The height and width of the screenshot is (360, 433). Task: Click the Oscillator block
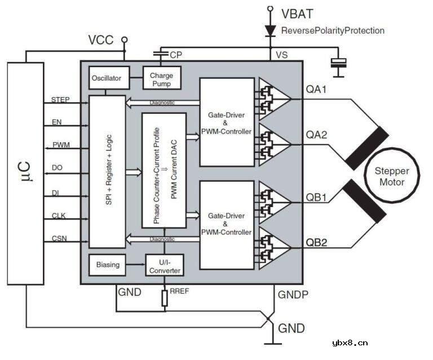click(107, 78)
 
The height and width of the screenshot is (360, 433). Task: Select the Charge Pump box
click(161, 79)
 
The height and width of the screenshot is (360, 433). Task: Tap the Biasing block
click(107, 264)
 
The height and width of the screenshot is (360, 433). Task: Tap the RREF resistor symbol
click(165, 298)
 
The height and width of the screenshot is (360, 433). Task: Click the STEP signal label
click(60, 100)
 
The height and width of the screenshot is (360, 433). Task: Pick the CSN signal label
click(59, 239)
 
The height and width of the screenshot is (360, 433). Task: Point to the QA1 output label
click(317, 89)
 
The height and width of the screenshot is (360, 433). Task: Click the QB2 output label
click(317, 243)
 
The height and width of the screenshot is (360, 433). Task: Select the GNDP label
click(291, 295)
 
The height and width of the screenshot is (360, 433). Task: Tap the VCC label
click(101, 40)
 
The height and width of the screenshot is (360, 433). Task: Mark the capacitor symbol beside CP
click(161, 54)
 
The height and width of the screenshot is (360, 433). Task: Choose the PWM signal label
click(60, 145)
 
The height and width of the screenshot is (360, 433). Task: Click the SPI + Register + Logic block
click(107, 171)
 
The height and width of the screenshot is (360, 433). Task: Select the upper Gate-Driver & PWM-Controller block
click(226, 122)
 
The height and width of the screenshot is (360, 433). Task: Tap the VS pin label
click(282, 55)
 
